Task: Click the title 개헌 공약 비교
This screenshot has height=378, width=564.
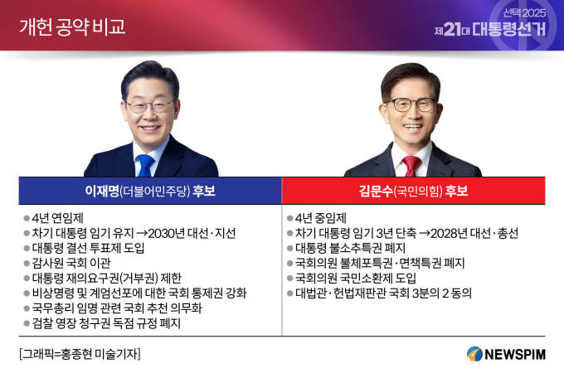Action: click(72, 27)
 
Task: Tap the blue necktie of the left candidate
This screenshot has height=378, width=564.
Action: click(146, 166)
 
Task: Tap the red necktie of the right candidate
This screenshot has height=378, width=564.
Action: click(411, 166)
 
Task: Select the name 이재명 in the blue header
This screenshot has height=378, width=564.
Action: click(102, 191)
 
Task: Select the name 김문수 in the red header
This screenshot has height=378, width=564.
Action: click(376, 191)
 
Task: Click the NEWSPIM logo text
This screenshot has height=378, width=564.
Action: click(515, 354)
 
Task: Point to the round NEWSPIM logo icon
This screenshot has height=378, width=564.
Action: click(474, 354)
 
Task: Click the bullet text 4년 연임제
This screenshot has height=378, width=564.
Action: click(57, 218)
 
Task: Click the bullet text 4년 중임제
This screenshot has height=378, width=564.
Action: click(321, 218)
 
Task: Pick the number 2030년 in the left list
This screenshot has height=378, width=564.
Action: click(167, 234)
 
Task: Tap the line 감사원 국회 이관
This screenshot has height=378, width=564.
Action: click(71, 264)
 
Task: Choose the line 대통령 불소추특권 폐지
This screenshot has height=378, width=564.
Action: click(350, 248)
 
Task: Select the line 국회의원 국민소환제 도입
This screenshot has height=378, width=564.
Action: click(356, 278)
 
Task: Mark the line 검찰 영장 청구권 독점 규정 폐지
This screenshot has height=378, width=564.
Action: click(106, 323)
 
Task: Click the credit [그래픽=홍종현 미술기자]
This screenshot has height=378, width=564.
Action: click(80, 354)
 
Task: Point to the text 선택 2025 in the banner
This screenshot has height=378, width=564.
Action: click(524, 13)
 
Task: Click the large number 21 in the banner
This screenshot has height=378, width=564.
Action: click(452, 30)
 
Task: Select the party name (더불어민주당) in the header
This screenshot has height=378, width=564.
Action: click(155, 191)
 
